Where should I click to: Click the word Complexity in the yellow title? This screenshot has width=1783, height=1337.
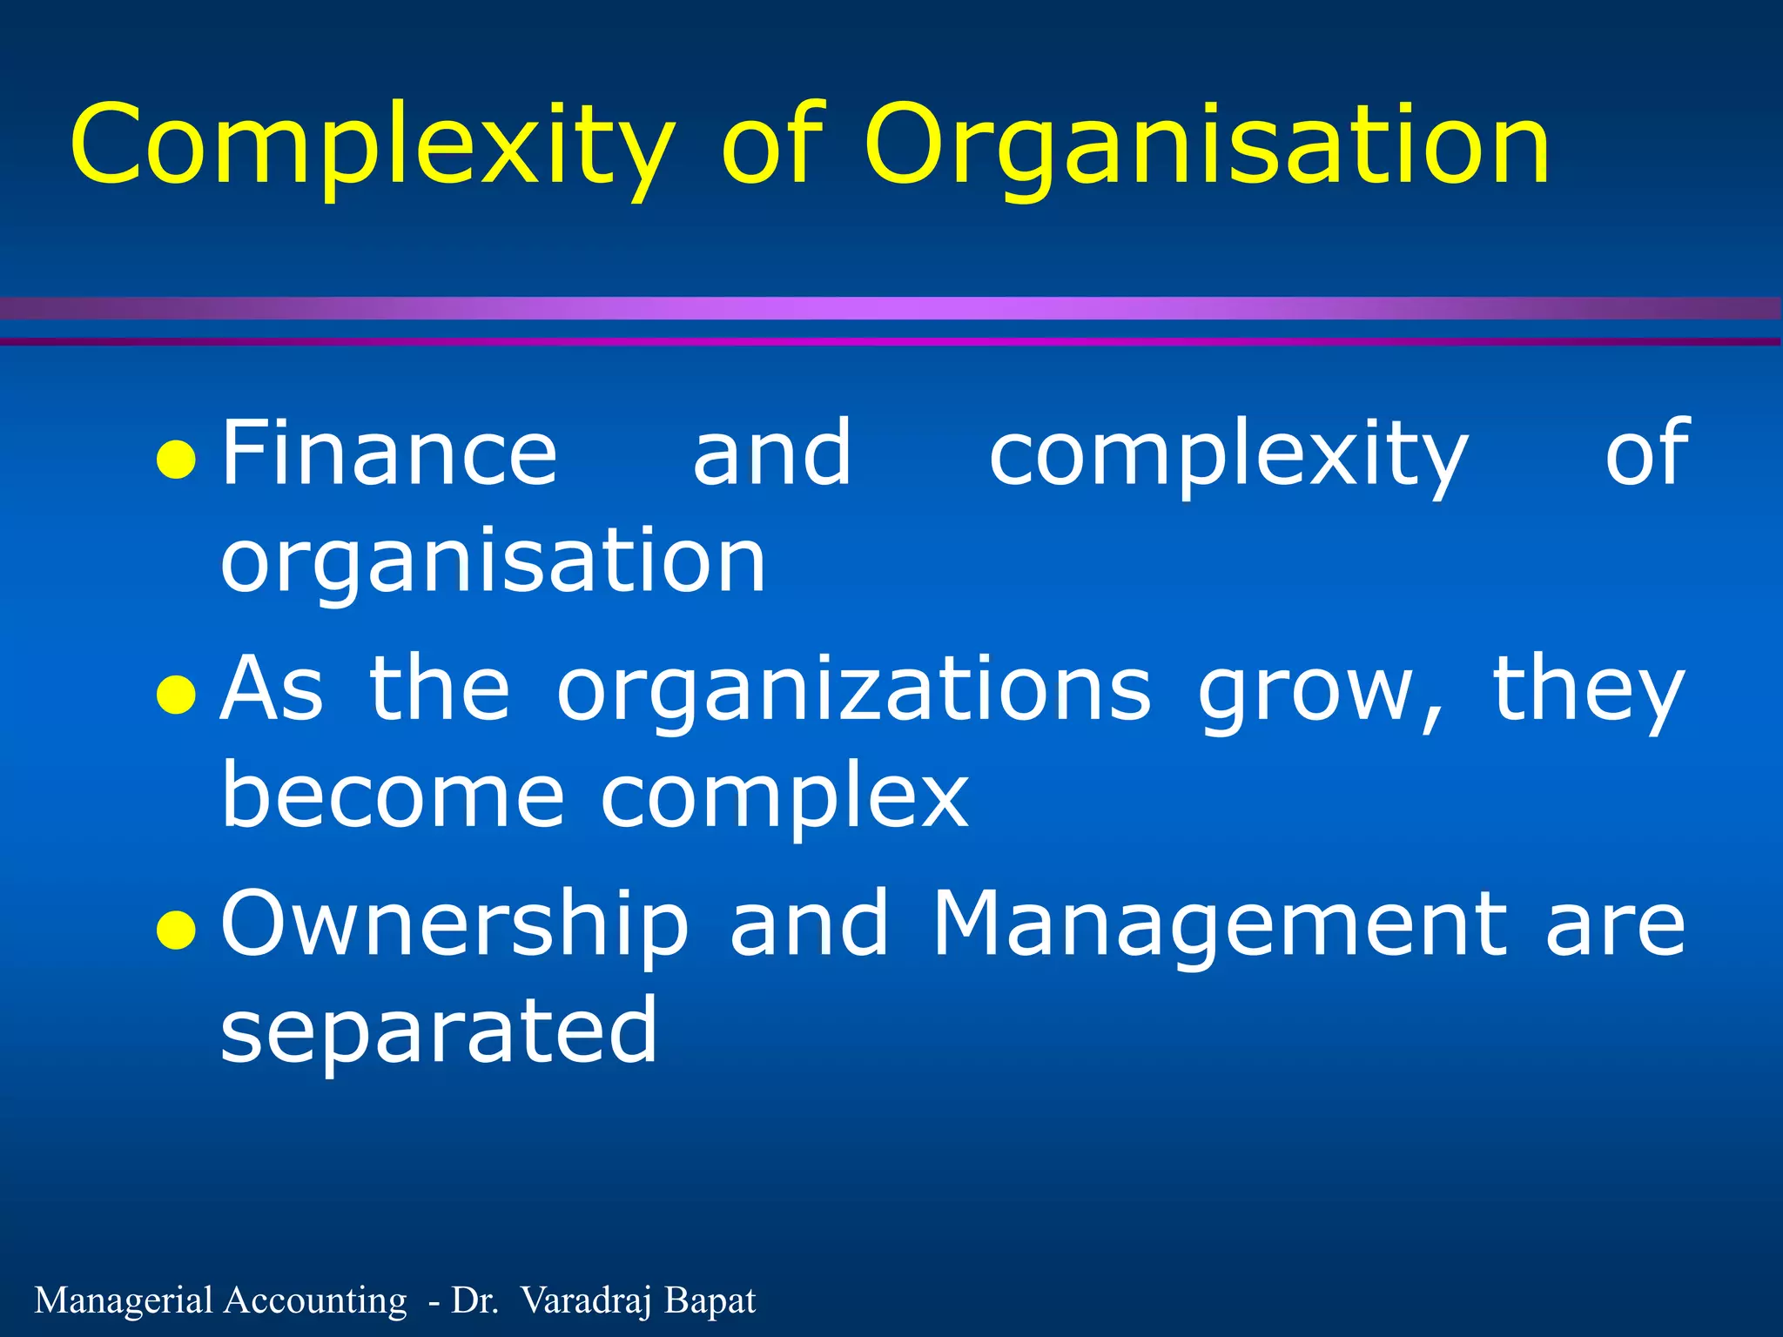pos(373,144)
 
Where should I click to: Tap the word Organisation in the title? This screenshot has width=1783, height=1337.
pos(1207,144)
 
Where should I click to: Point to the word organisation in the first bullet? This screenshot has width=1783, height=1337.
pos(493,561)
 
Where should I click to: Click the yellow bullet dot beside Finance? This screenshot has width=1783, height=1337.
pos(175,461)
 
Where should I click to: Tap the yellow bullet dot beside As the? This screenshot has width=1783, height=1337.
pos(175,695)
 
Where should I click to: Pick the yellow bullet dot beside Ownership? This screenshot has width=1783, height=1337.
pos(175,931)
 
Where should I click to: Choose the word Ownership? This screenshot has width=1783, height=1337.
pos(454,924)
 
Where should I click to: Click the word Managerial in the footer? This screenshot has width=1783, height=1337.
pos(124,1300)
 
